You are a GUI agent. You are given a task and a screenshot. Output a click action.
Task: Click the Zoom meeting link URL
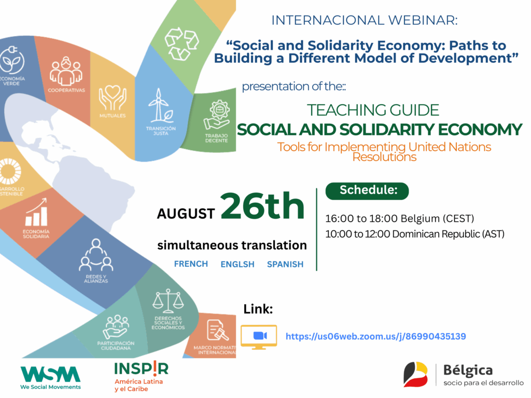(375, 336)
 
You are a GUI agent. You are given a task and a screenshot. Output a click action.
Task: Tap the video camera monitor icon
(259, 337)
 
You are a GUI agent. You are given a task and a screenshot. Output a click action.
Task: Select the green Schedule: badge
(367, 191)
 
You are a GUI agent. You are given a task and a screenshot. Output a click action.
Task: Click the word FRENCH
(191, 264)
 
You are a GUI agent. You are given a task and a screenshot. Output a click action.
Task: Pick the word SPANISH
(285, 264)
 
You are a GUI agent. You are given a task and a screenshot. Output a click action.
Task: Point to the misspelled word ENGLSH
(237, 264)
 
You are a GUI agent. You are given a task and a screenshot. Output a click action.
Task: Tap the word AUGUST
(186, 214)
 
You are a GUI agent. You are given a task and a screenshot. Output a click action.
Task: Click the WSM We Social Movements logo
(50, 378)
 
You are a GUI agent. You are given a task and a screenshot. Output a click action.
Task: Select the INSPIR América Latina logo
(141, 376)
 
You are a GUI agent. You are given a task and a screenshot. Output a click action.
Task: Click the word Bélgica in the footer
(468, 371)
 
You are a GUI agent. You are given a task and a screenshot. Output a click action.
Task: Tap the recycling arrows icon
(181, 44)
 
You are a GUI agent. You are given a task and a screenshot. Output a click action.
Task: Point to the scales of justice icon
(168, 301)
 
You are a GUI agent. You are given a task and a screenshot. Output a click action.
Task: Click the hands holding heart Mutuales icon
(113, 98)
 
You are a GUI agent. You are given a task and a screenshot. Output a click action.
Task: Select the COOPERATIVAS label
(66, 90)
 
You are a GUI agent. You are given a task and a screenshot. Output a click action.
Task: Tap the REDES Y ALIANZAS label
(96, 279)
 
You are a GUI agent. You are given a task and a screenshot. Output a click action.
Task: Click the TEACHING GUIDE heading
(373, 110)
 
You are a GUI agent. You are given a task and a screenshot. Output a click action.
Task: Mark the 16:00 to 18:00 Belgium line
(400, 219)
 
